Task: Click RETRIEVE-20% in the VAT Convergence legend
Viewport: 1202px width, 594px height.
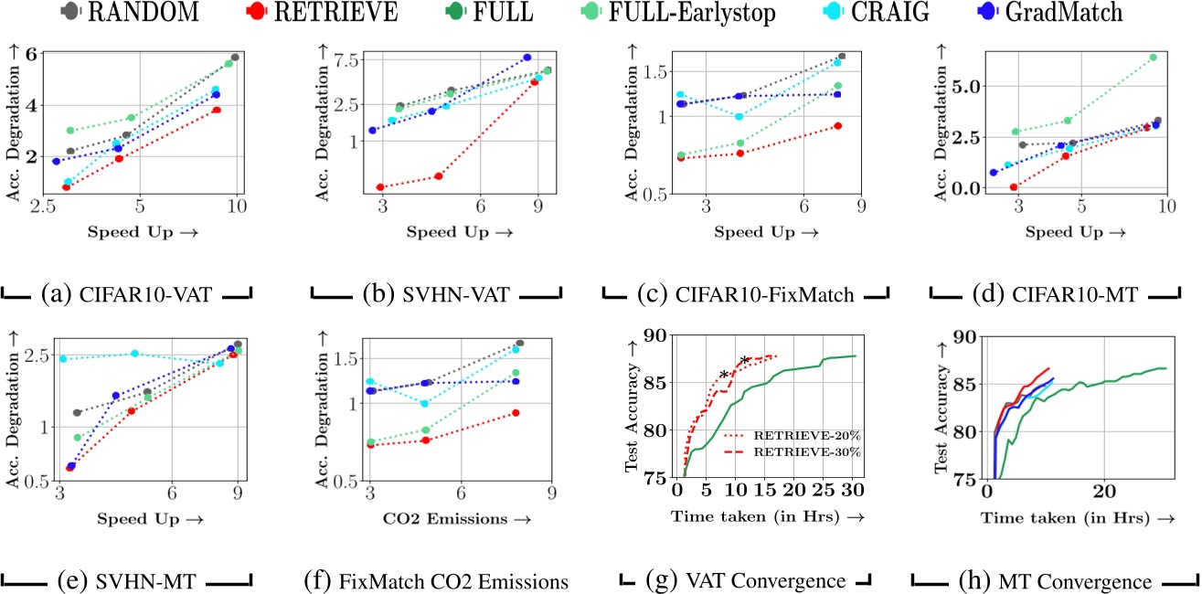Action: [802, 435]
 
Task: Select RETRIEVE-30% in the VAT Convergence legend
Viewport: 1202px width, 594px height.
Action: [802, 451]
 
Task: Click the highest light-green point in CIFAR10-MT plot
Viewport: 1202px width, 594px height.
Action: [1153, 58]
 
